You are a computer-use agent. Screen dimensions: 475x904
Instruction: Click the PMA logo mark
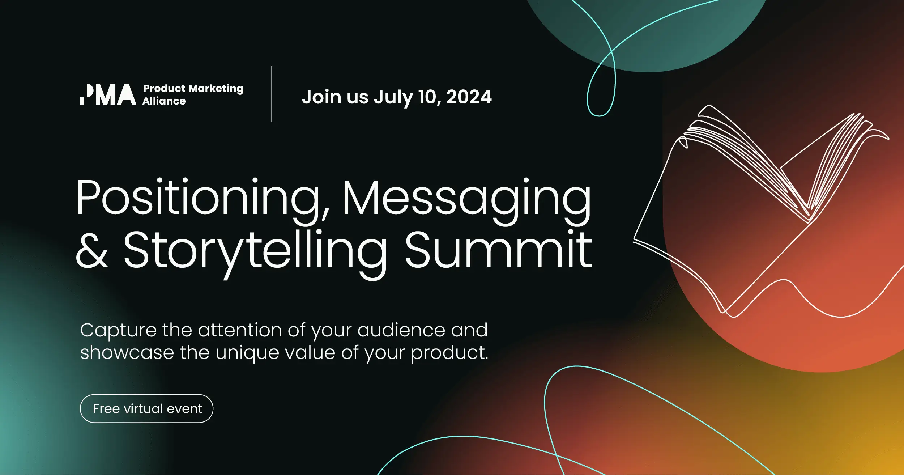pyautogui.click(x=108, y=95)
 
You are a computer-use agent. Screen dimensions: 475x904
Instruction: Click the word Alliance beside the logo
pyautogui.click(x=164, y=101)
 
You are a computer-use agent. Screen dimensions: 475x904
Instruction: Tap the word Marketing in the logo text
pyautogui.click(x=216, y=89)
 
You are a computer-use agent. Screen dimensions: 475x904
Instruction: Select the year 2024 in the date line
pyautogui.click(x=469, y=97)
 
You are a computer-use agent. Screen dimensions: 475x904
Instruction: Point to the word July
pyautogui.click(x=393, y=98)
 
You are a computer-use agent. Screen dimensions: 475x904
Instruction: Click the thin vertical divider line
pyautogui.click(x=272, y=94)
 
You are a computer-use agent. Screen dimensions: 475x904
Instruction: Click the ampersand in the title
pyautogui.click(x=92, y=250)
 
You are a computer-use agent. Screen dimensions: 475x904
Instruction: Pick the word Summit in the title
pyautogui.click(x=498, y=250)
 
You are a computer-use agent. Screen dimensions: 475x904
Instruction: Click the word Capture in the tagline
pyautogui.click(x=118, y=330)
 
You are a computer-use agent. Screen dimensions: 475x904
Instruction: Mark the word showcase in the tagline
pyautogui.click(x=127, y=353)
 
